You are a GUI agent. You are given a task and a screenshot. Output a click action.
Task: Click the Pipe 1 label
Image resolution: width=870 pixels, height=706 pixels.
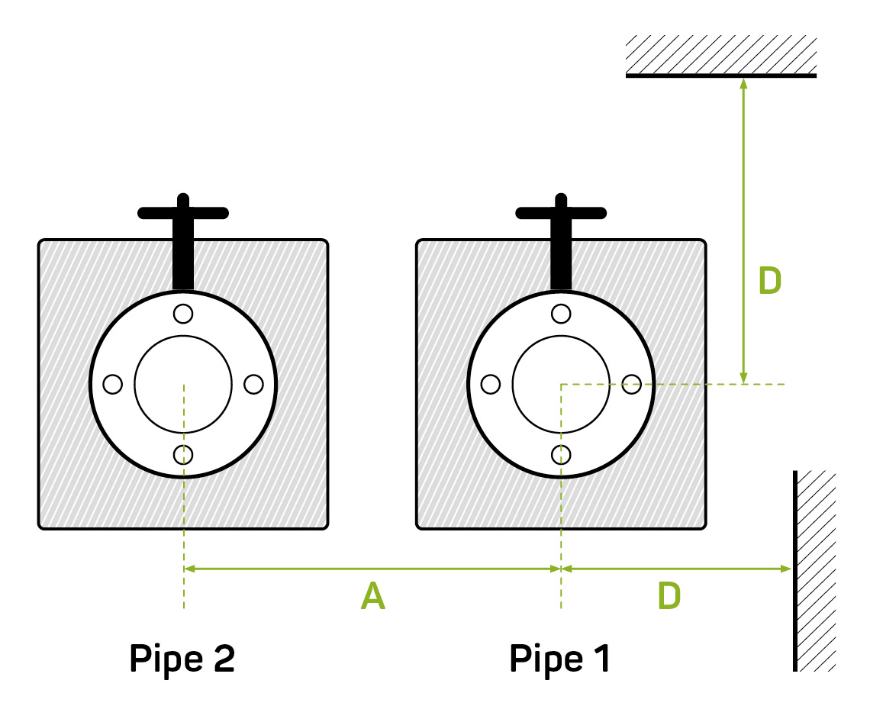(x=560, y=659)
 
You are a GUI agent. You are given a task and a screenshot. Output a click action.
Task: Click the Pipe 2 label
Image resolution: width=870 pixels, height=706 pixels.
(x=182, y=659)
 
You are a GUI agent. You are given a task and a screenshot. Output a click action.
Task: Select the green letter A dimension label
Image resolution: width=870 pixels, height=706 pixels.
(x=372, y=597)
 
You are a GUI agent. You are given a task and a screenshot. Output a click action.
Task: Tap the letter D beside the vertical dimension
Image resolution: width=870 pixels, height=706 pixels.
(x=770, y=282)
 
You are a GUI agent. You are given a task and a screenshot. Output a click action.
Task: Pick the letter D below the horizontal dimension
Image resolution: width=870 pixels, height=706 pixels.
(x=669, y=597)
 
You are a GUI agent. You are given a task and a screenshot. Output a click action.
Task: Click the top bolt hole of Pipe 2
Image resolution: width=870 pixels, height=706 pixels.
(x=183, y=313)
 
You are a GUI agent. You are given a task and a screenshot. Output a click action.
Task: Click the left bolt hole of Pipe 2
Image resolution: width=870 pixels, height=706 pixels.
(x=112, y=384)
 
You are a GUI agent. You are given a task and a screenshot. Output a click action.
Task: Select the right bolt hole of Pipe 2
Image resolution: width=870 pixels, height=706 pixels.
(x=253, y=384)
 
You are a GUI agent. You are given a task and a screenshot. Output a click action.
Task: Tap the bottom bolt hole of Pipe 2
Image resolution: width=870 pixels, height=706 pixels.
(x=183, y=455)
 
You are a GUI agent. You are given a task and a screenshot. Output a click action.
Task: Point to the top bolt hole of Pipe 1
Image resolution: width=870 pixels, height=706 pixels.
(x=561, y=313)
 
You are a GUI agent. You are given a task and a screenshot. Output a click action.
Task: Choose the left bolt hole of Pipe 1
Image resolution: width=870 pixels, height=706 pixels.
(x=491, y=384)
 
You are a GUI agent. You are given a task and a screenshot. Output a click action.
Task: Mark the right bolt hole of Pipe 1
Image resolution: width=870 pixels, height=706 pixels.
(x=631, y=384)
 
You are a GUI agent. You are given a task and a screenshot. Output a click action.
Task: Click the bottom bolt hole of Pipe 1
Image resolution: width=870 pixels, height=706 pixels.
(x=561, y=455)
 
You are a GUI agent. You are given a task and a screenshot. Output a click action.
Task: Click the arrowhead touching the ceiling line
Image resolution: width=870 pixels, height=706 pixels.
(x=743, y=83)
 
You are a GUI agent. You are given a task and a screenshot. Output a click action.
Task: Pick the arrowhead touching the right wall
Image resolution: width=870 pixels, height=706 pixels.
(x=785, y=569)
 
